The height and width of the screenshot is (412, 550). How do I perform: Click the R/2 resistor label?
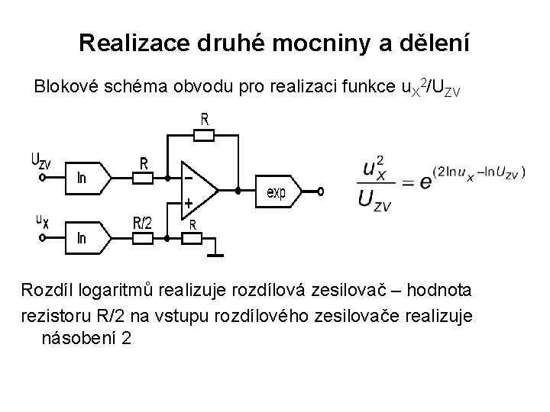[144, 222]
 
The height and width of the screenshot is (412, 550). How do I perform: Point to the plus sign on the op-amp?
[187, 204]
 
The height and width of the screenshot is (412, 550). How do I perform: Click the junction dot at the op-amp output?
[238, 191]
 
